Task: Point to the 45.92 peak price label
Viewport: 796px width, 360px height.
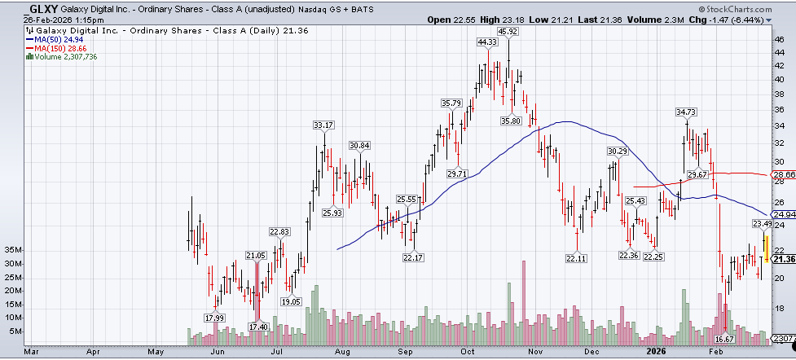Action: coord(508,31)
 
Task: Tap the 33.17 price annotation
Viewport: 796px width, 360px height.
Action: coord(323,125)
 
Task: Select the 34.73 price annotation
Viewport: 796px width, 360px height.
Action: coord(688,111)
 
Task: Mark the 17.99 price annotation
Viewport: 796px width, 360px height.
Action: coord(215,318)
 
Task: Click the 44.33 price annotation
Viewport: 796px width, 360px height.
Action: coord(488,41)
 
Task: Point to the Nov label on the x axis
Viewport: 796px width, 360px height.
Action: coord(535,353)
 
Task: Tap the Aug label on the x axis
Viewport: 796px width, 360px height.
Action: coord(341,353)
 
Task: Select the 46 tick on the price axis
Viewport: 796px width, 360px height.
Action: coord(780,38)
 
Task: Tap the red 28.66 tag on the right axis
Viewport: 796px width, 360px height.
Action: coord(784,174)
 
